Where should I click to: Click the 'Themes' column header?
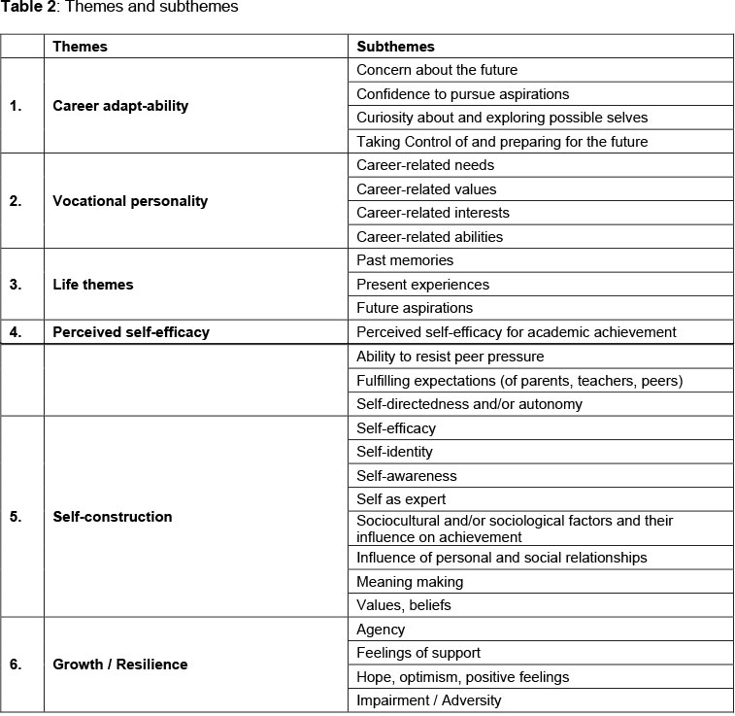click(80, 47)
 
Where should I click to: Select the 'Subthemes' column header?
click(395, 47)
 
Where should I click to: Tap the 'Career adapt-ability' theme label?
click(120, 106)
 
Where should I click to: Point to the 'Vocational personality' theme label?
click(130, 201)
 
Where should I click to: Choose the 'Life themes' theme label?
click(93, 285)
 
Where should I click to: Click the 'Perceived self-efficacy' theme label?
click(131, 332)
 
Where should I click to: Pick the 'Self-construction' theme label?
click(113, 517)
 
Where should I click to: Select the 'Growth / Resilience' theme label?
click(120, 665)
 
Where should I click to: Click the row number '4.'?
click(17, 332)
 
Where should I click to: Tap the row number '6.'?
click(17, 665)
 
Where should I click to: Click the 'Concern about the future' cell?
click(437, 70)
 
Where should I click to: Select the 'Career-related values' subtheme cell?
click(428, 189)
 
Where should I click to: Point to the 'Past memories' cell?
click(405, 260)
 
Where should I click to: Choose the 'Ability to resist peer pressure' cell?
click(451, 357)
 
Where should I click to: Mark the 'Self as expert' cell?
click(401, 499)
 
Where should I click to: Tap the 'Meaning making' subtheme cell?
click(410, 582)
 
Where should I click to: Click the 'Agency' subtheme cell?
click(380, 630)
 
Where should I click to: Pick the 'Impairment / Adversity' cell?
click(429, 700)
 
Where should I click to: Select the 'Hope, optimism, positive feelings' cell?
click(463, 676)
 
